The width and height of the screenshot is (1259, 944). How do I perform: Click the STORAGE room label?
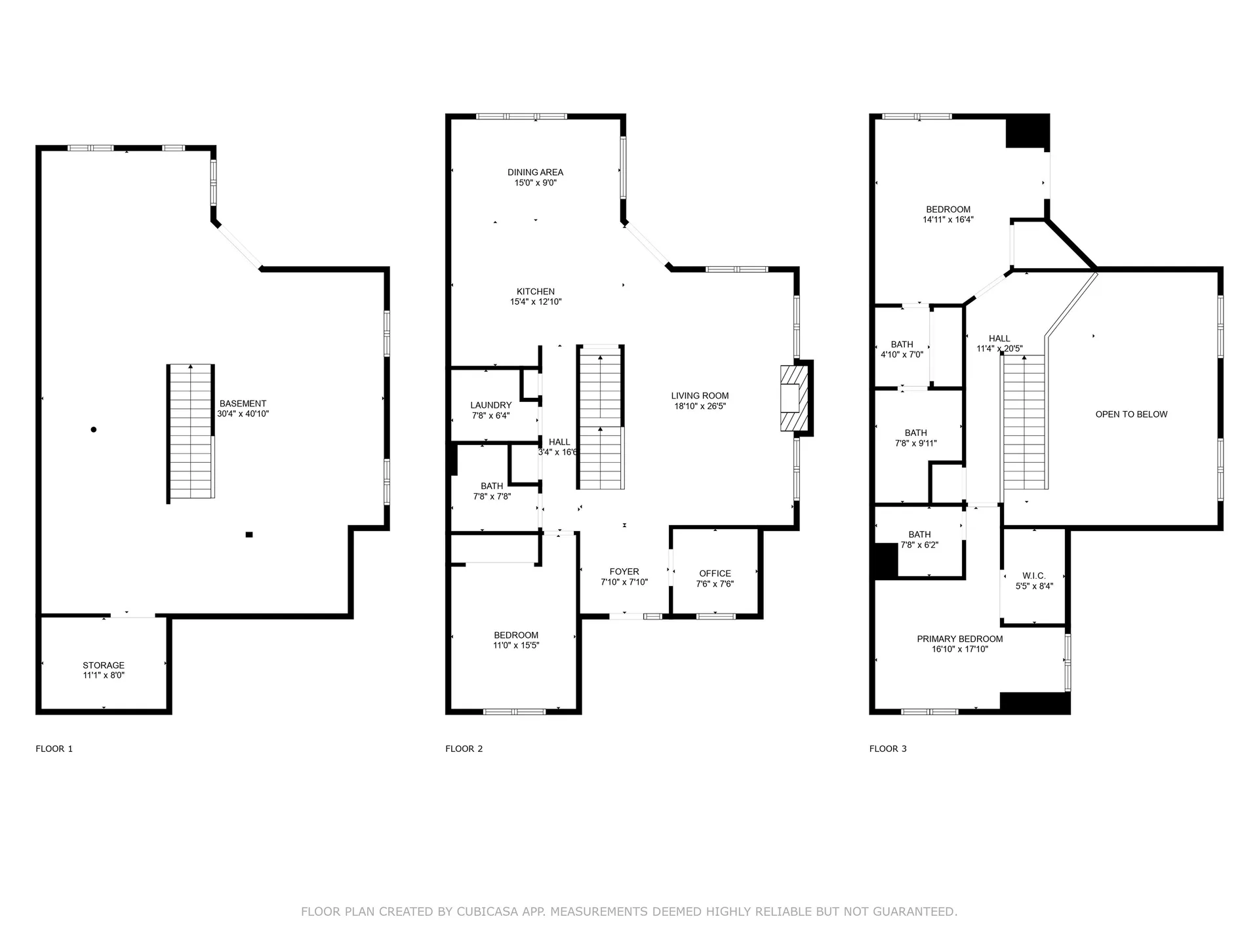point(104,665)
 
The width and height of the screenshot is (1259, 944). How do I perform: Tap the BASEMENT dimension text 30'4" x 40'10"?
point(243,414)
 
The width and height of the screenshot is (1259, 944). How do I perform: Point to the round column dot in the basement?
point(94,429)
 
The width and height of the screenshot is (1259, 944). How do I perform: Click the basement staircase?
point(191,433)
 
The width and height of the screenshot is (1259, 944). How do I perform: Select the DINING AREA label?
point(535,172)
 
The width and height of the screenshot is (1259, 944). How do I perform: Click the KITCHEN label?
point(536,292)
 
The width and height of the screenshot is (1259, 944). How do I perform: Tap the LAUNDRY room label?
point(491,405)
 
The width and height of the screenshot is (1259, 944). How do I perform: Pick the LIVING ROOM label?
point(700,395)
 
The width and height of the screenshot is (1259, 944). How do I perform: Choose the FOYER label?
point(624,572)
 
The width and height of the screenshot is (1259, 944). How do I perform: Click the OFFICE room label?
point(715,573)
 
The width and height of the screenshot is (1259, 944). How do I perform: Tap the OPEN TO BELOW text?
point(1131,414)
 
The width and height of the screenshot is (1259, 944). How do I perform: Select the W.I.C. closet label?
point(1034,576)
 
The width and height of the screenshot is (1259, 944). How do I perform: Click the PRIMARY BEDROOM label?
point(960,639)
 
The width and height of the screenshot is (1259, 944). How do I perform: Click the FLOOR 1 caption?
point(54,749)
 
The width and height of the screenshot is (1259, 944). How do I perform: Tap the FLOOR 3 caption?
point(888,749)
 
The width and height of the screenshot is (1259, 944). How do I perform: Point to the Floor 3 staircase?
point(1024,422)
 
